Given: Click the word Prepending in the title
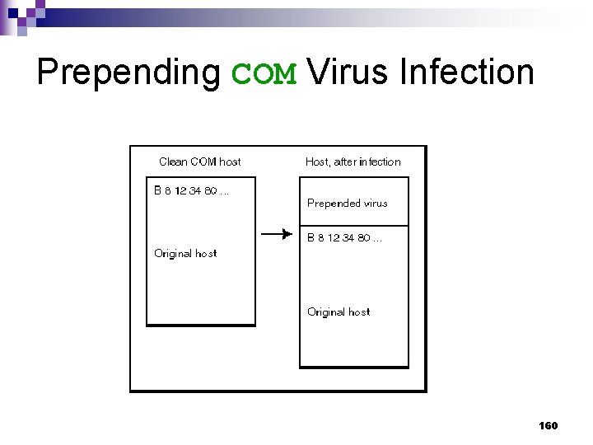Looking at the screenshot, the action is click(x=128, y=73).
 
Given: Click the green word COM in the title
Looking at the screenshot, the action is click(x=264, y=73).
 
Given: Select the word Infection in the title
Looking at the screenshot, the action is click(x=466, y=72).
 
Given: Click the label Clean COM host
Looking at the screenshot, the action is click(x=199, y=162).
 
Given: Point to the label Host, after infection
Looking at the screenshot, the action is click(x=353, y=162).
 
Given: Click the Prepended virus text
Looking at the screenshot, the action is click(x=347, y=203).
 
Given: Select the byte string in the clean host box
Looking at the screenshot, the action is click(x=191, y=190).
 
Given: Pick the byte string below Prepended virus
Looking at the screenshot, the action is click(x=344, y=238).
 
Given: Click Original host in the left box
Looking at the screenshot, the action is click(x=185, y=254).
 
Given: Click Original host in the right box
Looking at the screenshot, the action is click(x=339, y=312).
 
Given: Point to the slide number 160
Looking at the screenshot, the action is click(x=548, y=425).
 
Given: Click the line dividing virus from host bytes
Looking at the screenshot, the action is click(x=353, y=225).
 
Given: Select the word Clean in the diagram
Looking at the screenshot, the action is click(x=173, y=162).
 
